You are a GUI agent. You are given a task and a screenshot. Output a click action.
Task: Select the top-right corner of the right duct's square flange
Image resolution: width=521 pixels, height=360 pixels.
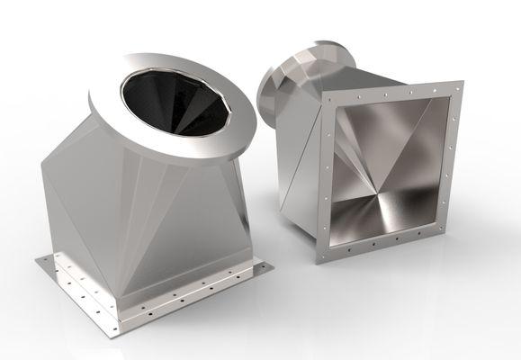coord(457,83)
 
